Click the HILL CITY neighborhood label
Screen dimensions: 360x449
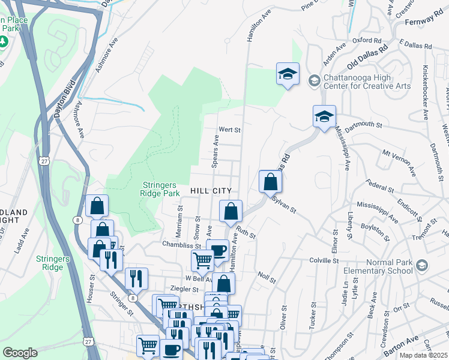211,190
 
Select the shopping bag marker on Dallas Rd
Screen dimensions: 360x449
271,181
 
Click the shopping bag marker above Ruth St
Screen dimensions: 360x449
231,211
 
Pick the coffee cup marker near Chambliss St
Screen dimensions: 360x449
217,250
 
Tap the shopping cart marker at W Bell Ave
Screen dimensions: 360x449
202,260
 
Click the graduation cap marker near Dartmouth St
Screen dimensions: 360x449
324,116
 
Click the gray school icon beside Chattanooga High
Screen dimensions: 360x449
314,80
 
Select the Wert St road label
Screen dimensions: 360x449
229,129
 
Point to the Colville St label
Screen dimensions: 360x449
324,261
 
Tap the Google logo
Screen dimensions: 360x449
20,353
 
